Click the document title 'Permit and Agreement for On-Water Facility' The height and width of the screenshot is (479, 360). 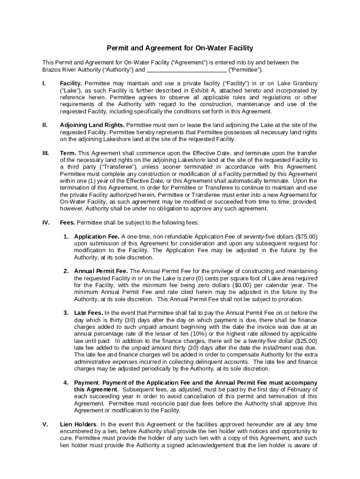180,48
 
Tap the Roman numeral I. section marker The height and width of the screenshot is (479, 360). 44,84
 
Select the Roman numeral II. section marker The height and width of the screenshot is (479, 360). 45,125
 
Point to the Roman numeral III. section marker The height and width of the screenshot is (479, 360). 45,153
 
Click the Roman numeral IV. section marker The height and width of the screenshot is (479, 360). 46,223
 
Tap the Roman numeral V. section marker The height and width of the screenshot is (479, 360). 45,424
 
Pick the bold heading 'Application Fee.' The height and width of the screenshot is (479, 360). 97,237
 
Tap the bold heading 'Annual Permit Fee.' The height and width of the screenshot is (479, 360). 101,271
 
